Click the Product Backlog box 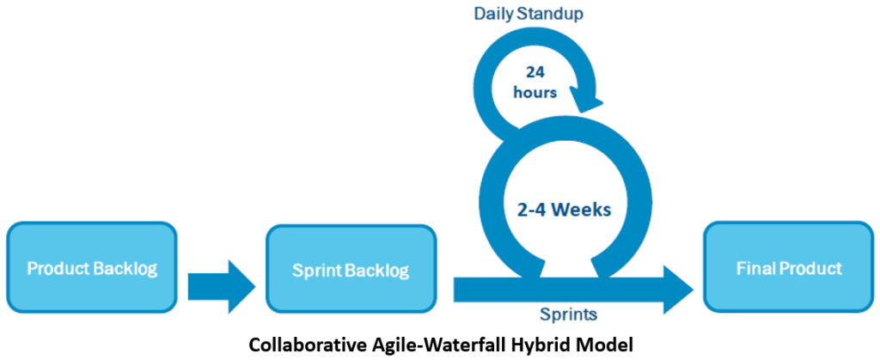click(92, 269)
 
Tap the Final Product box click(789, 268)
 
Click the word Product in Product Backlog click(57, 269)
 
